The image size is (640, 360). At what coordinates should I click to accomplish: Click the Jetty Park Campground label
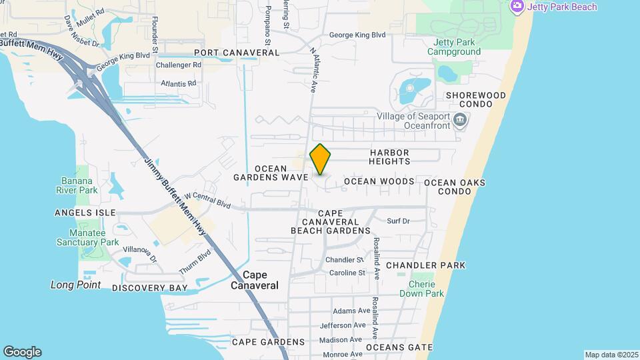[454, 47]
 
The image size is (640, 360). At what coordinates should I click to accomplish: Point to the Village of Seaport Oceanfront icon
[460, 121]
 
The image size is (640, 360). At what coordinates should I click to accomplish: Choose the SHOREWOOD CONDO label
[476, 101]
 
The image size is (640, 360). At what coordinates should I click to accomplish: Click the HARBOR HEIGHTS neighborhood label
[399, 157]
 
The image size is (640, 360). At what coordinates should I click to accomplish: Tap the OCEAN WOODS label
[379, 181]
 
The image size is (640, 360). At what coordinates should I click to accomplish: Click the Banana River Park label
[79, 185]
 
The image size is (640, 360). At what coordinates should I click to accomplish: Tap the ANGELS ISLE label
[85, 213]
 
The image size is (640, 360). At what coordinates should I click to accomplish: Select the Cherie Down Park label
[426, 289]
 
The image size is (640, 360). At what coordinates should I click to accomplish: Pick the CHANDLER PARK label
[425, 265]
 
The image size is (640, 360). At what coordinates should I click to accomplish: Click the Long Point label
[75, 285]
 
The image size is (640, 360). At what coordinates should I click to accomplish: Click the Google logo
[22, 352]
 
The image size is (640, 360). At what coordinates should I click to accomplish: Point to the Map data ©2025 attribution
[611, 355]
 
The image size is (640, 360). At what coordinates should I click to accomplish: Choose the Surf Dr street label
[398, 221]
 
